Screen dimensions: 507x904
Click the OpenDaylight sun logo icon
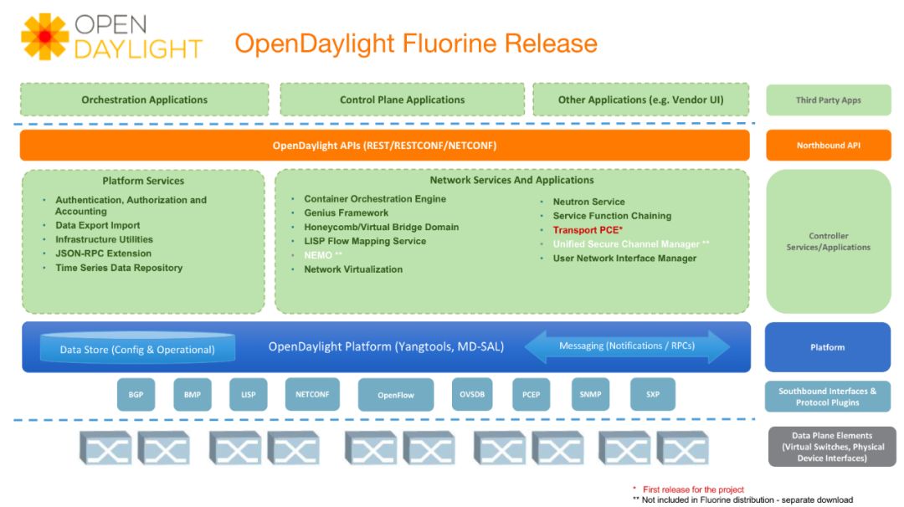tap(44, 38)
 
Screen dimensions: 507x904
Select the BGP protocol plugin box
tap(136, 394)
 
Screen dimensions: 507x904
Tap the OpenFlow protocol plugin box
tap(396, 395)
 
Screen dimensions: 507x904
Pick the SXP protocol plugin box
tap(653, 394)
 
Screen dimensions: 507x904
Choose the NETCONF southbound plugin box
tap(311, 394)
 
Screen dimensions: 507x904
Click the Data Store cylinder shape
tap(137, 349)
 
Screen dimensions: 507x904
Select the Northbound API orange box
tap(828, 146)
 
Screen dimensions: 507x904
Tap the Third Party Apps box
tap(828, 100)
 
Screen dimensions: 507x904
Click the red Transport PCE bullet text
tap(588, 230)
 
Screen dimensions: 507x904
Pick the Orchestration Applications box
tap(144, 100)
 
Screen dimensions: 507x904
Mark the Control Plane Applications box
tap(402, 100)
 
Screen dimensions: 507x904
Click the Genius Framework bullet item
tap(346, 213)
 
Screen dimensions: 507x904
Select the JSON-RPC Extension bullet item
tap(103, 253)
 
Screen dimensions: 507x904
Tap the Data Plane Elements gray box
tap(831, 447)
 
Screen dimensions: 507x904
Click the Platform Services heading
tap(143, 181)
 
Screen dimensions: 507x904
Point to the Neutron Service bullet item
tap(588, 202)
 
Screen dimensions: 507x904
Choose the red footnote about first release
tap(693, 489)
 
